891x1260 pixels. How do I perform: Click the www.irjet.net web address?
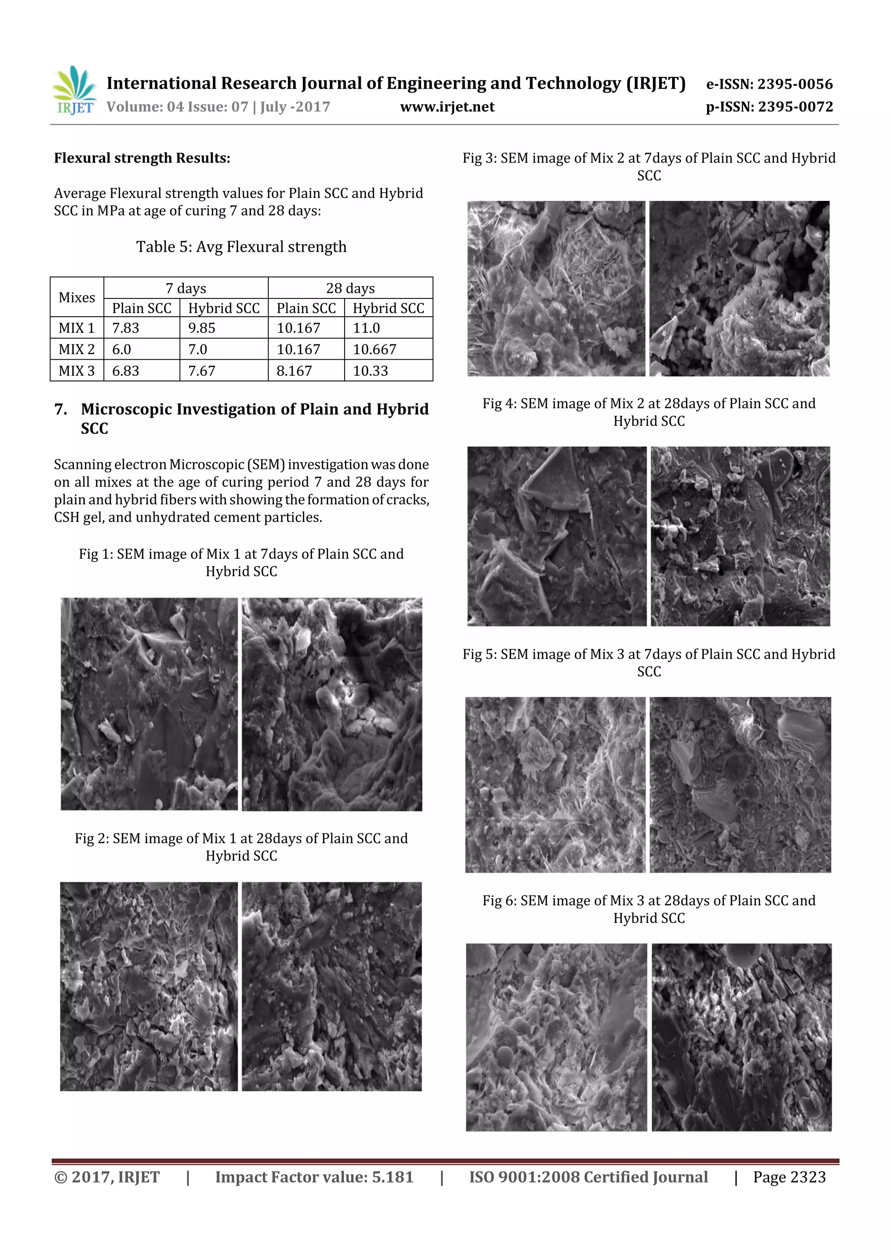[447, 107]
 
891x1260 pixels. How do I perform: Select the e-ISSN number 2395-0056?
[794, 84]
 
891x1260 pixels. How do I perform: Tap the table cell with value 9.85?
[201, 328]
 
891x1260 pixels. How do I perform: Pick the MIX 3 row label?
[76, 371]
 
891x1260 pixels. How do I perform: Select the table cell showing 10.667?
[375, 350]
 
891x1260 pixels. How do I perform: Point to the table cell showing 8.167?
[294, 371]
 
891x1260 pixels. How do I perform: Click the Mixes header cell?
[77, 297]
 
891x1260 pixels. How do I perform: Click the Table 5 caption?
[241, 247]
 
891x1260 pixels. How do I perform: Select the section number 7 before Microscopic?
[60, 409]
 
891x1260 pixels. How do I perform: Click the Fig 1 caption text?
[241, 562]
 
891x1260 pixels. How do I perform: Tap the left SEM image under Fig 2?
[149, 986]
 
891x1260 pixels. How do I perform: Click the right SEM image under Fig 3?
[739, 289]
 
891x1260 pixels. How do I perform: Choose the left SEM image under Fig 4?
[557, 536]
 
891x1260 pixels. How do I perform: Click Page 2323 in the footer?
[789, 1177]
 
